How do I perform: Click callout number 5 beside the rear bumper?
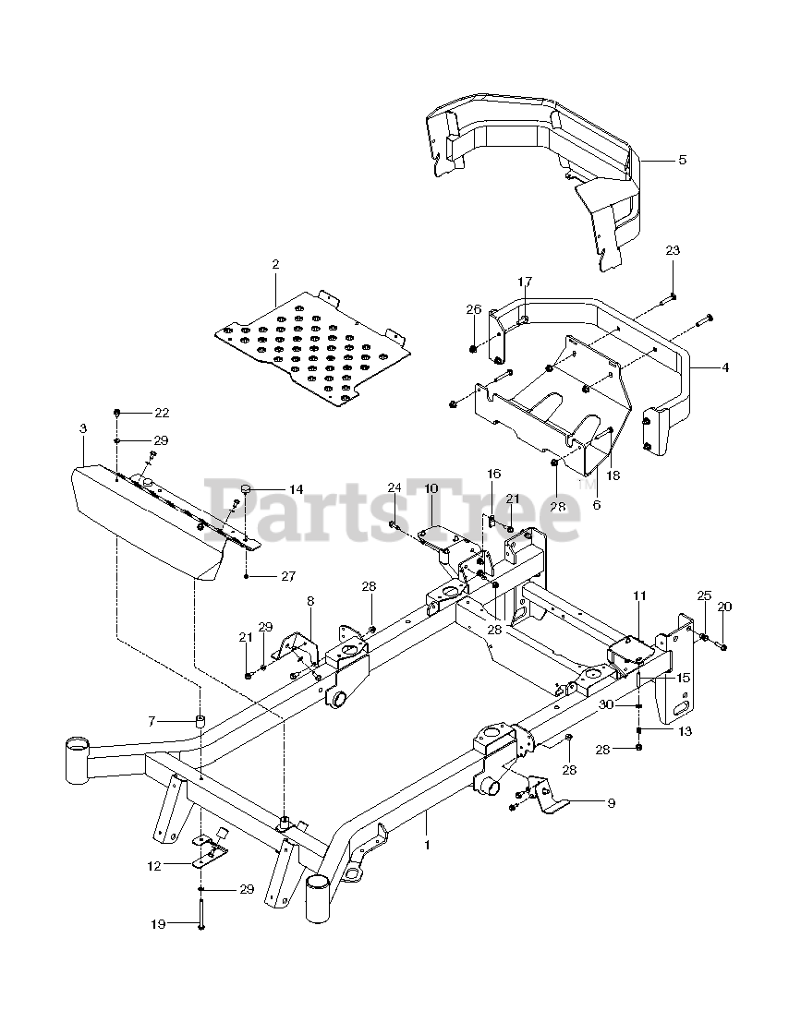[x=683, y=160]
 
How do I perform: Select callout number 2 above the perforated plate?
[x=275, y=265]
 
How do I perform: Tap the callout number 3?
[x=83, y=429]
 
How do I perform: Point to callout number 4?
[x=725, y=367]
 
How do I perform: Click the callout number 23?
[x=672, y=251]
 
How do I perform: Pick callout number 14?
[x=296, y=488]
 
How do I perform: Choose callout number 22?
[x=163, y=412]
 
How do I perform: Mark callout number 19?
[x=159, y=924]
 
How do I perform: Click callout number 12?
[x=153, y=866]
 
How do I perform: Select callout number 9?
[x=610, y=803]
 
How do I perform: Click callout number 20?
[x=724, y=607]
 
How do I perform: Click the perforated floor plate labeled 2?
[x=314, y=346]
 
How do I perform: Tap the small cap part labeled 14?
[x=247, y=488]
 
